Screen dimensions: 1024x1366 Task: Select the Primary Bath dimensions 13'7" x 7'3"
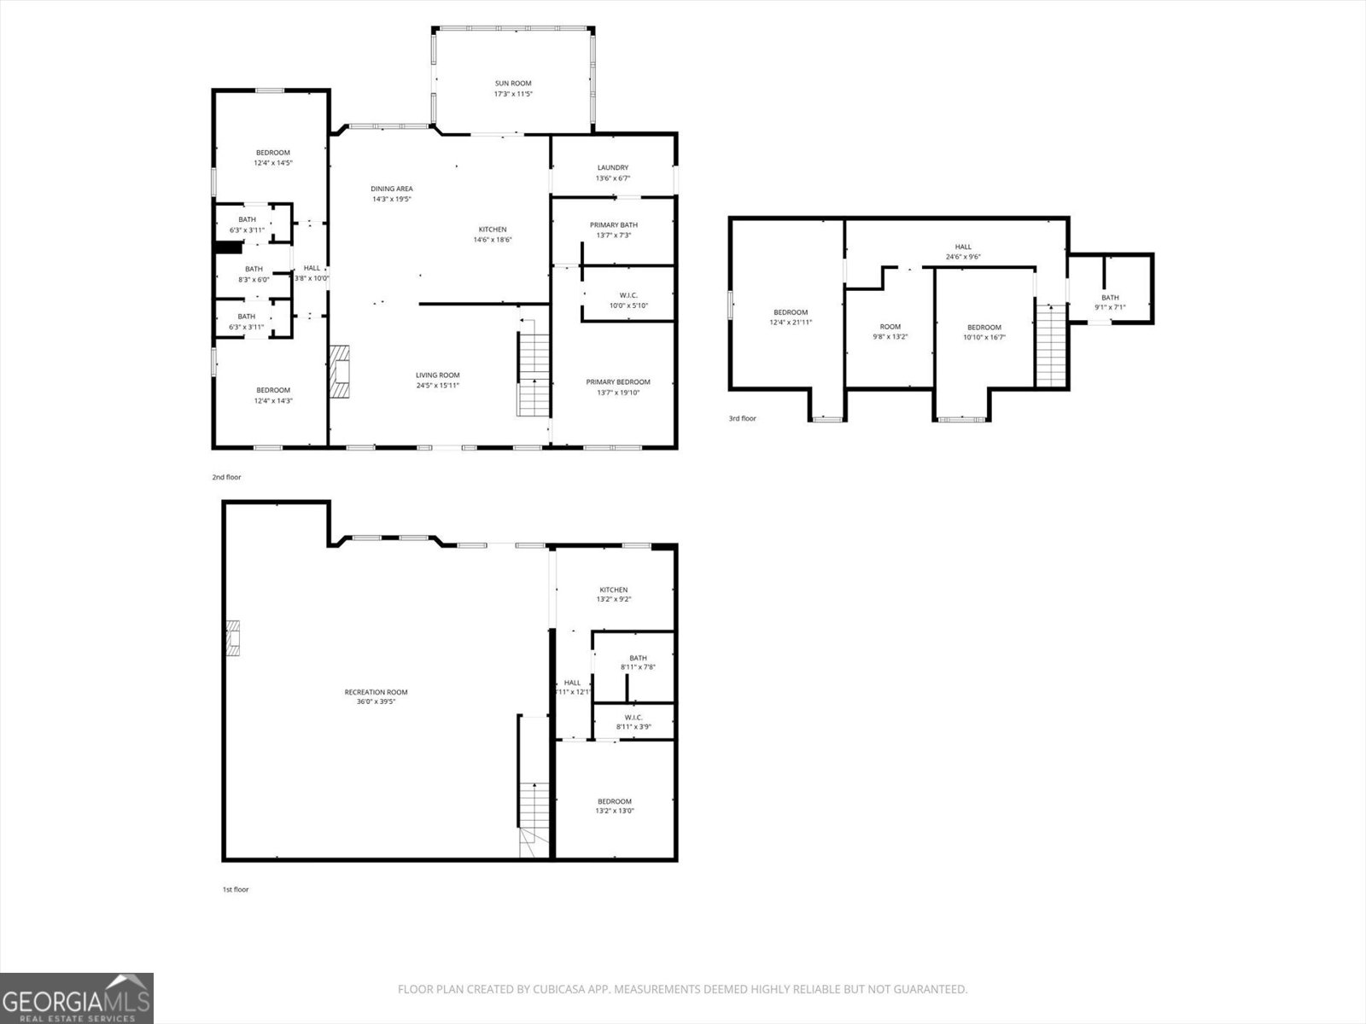[x=613, y=236]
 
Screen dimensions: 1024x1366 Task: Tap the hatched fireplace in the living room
[x=341, y=372]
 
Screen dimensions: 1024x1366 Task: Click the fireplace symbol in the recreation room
[x=234, y=638]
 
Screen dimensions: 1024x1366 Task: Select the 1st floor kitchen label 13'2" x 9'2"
[x=613, y=595]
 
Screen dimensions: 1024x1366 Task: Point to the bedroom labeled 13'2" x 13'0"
[x=614, y=806]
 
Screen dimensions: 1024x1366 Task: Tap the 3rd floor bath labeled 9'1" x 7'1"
[x=1110, y=302]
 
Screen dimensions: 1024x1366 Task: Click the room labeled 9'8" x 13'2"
[x=890, y=331]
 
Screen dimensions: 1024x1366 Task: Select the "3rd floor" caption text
[x=742, y=419]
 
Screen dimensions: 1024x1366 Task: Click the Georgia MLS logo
[x=77, y=998]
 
